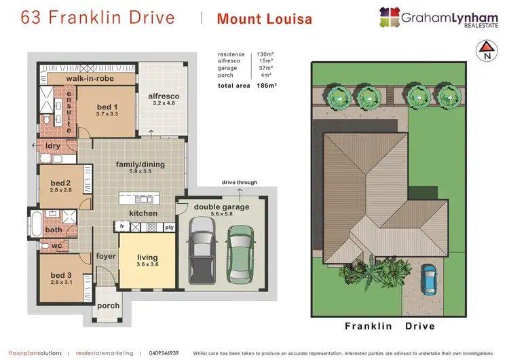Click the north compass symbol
[485, 51]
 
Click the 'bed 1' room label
[107, 107]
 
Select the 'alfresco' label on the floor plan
[163, 96]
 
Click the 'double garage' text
[221, 207]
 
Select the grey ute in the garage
[202, 249]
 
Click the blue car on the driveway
[430, 277]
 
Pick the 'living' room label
[147, 257]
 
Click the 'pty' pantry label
[169, 227]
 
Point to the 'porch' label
[107, 306]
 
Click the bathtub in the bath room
[36, 222]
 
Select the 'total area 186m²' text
[245, 86]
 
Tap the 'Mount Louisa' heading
[264, 19]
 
